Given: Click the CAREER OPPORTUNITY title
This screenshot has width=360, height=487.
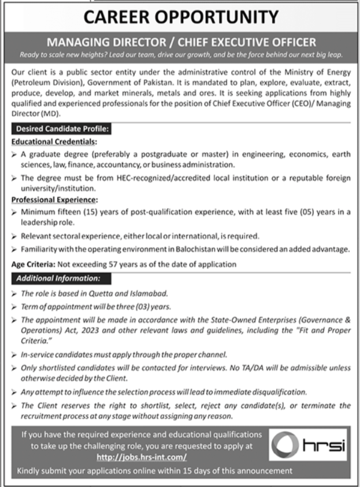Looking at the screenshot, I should pos(180,17).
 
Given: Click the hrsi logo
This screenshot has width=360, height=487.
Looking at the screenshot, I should pos(307,445).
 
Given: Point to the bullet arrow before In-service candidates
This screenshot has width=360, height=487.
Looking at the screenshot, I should pos(14,354).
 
